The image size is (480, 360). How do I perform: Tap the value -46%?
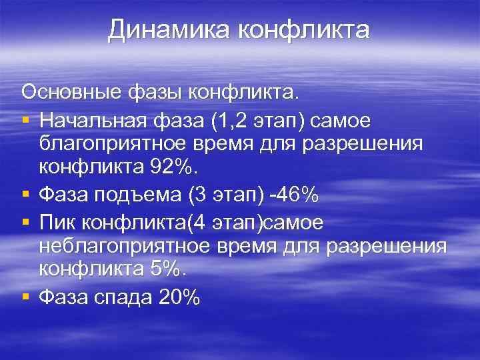tap(295, 196)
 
